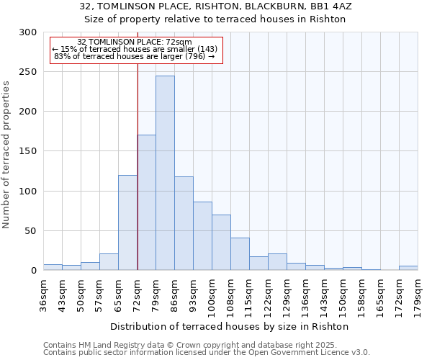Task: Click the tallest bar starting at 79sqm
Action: coord(165,173)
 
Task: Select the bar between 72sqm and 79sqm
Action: coord(146,202)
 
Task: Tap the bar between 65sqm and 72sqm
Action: coord(127,222)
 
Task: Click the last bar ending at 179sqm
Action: coord(408,268)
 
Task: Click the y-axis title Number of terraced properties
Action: coord(6,155)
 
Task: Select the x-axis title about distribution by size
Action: coord(230,326)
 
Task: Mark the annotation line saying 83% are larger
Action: coord(134,56)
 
